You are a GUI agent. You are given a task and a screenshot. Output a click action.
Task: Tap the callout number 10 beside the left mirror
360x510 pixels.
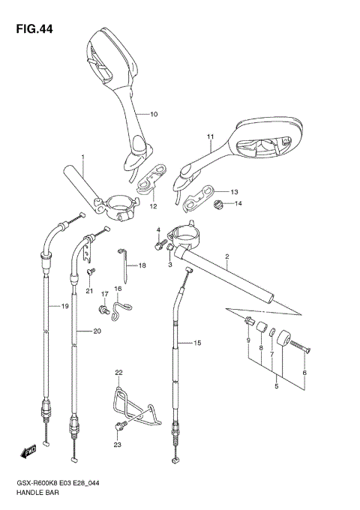click(x=154, y=114)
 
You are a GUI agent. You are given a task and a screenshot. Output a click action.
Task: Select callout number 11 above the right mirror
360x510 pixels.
click(x=211, y=136)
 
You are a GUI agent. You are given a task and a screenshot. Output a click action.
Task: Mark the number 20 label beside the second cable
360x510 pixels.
click(x=97, y=331)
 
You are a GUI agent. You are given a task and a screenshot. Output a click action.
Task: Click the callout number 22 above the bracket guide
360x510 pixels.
click(x=118, y=373)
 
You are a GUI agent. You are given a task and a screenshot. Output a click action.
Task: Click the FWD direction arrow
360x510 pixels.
click(x=29, y=451)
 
